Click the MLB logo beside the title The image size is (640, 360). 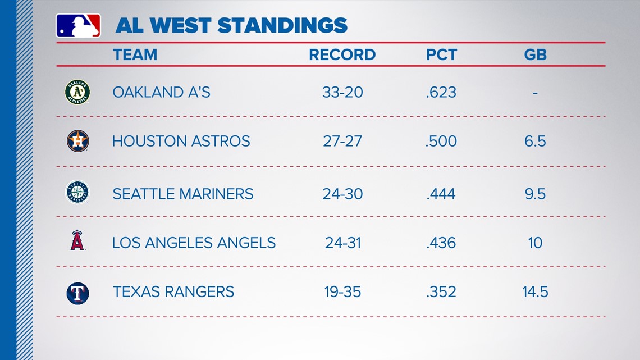point(78,26)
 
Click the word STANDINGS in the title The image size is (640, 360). point(282,25)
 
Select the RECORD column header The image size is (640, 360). point(342,54)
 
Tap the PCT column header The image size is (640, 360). point(441,54)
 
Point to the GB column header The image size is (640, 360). point(535,54)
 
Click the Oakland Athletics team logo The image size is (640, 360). point(77,92)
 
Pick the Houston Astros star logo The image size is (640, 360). point(78,141)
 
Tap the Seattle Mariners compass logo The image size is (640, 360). point(77,192)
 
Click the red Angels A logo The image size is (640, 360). point(77,240)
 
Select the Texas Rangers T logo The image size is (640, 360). point(77,293)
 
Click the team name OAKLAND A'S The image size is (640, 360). point(162,92)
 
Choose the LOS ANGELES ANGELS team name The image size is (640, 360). point(194,243)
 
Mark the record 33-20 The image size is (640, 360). point(342,92)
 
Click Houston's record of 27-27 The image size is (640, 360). point(342,141)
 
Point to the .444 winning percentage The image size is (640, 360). point(441,194)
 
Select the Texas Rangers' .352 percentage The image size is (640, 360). point(441,292)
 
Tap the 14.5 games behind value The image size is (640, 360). point(535,292)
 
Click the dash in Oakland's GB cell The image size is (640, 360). point(535,93)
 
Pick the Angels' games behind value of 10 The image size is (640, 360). point(535,243)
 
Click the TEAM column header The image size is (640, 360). point(135,54)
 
